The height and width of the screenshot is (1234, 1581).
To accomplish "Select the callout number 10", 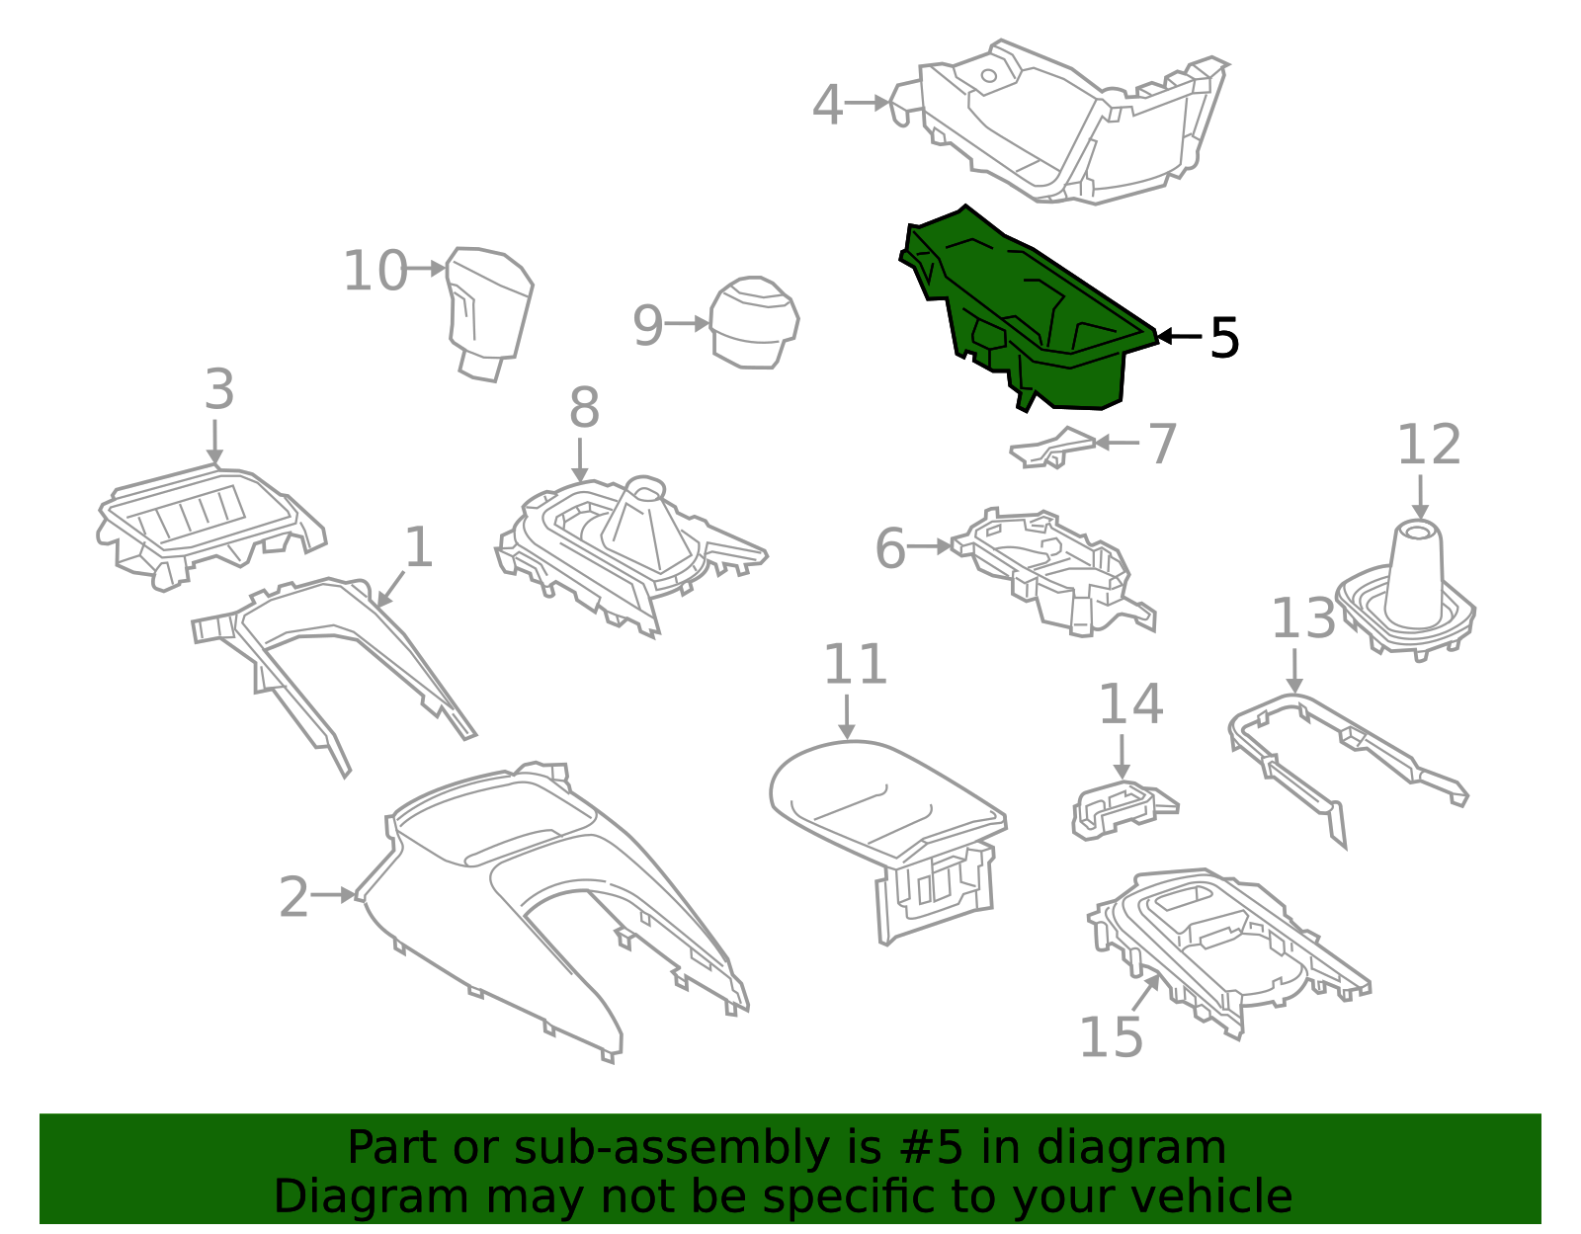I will (x=374, y=271).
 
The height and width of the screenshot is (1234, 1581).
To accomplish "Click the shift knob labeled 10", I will (x=489, y=306).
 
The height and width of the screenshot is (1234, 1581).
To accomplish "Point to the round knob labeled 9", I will (x=754, y=322).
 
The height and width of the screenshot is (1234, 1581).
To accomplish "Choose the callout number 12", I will (x=1428, y=445).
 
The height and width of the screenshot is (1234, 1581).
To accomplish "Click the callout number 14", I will (x=1130, y=704).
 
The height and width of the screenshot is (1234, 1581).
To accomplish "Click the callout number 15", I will (x=1111, y=1036).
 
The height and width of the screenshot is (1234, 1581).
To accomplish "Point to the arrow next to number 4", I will (x=870, y=102).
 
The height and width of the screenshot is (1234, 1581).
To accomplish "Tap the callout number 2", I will (x=293, y=897).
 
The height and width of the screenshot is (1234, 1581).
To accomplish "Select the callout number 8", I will (x=584, y=407).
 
